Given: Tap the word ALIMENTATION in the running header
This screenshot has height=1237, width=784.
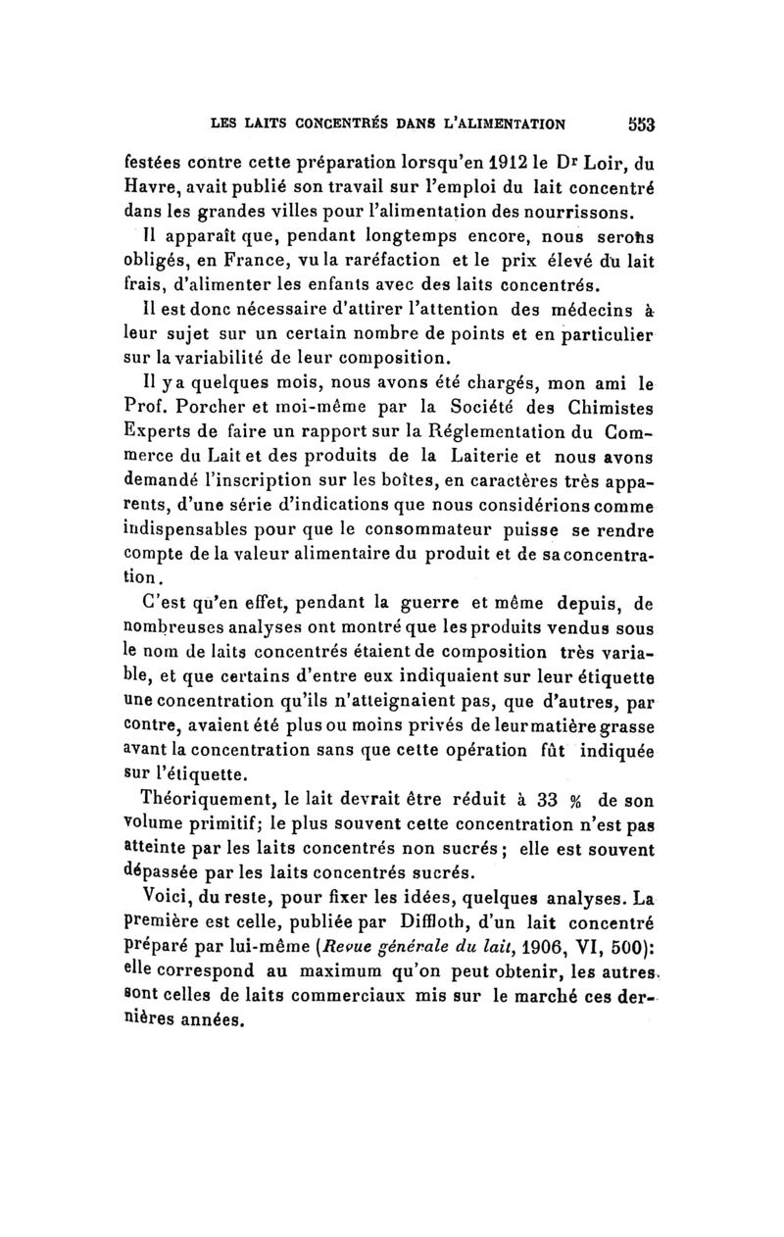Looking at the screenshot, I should [502, 124].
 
